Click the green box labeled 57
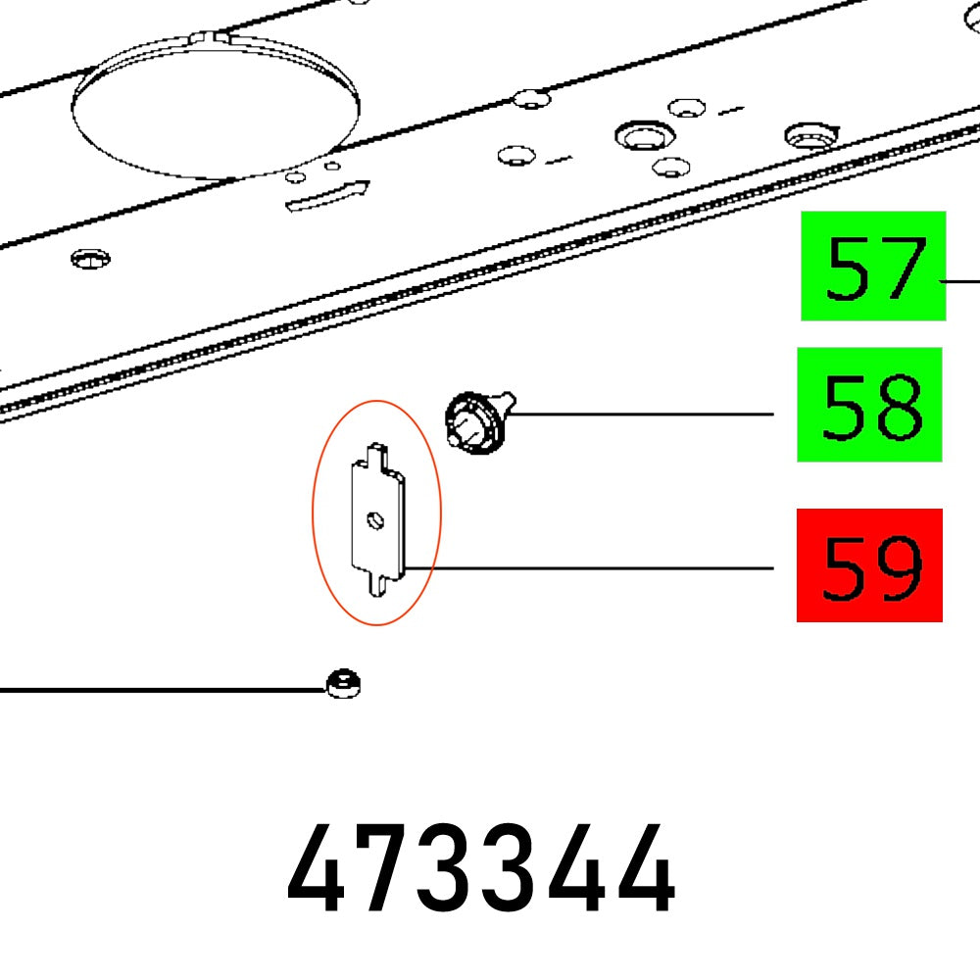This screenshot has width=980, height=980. tap(873, 266)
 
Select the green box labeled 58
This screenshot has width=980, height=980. tap(869, 404)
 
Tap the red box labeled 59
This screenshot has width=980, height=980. tap(869, 564)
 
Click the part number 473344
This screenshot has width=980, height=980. tap(481, 870)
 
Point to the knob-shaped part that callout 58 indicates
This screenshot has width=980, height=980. tap(478, 423)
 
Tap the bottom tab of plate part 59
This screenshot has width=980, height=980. tap(376, 584)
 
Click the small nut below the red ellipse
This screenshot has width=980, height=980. tap(343, 683)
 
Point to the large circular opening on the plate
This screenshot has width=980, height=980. tap(217, 110)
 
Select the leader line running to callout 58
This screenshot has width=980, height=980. tap(637, 415)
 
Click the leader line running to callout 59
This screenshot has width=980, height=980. tap(588, 567)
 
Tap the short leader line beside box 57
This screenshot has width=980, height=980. tap(962, 280)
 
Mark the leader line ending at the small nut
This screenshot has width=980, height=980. tap(157, 690)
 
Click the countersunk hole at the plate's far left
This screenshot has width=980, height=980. tap(90, 259)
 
